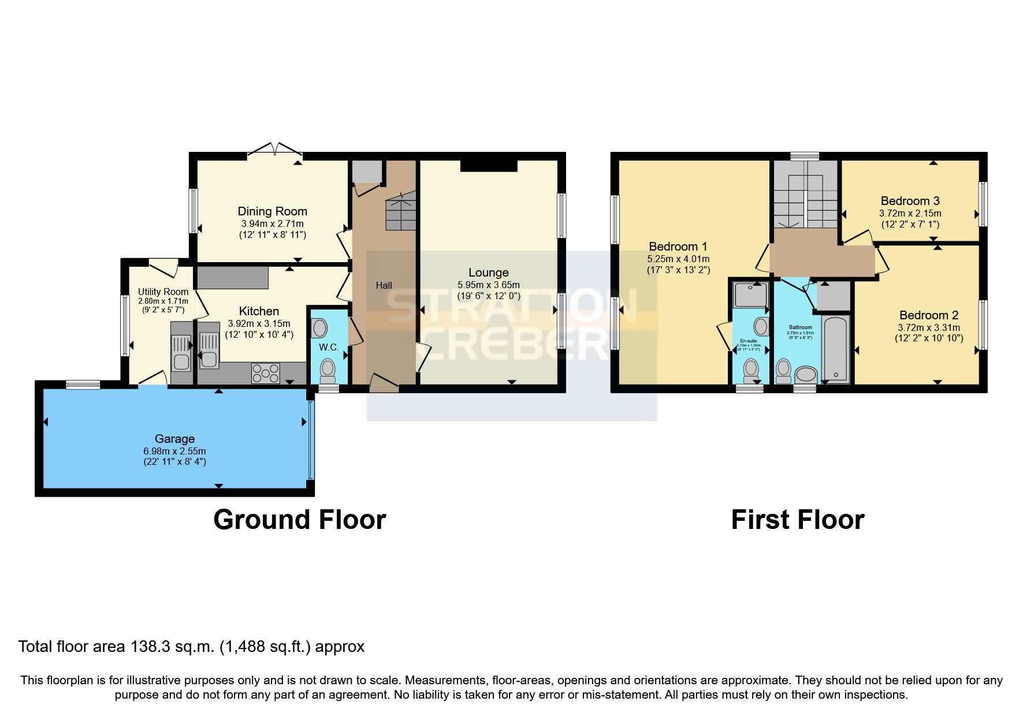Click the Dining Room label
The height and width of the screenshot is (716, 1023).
[272, 211]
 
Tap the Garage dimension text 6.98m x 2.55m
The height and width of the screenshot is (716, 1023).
[174, 451]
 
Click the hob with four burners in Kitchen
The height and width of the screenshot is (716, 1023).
[266, 373]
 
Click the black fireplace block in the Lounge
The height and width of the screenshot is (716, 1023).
[488, 166]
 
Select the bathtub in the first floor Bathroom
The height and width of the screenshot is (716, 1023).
[835, 349]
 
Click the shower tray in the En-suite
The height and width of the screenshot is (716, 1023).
[750, 294]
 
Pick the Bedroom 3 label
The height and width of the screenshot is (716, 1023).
[910, 201]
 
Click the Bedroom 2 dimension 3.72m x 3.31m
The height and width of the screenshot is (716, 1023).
[929, 327]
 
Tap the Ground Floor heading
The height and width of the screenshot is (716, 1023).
[299, 520]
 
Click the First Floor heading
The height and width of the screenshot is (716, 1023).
[797, 520]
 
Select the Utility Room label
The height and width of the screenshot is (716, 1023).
[163, 292]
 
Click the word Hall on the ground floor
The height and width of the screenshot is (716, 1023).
[384, 285]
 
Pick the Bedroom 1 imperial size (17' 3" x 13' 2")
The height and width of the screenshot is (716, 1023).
[678, 270]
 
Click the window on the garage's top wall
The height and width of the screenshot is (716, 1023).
[83, 385]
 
